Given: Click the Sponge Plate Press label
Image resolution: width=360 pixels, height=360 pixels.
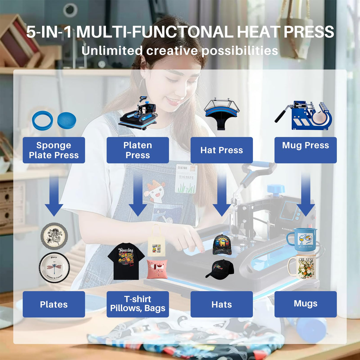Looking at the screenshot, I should click(54, 150).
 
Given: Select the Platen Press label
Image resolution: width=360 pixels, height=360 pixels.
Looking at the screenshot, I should click(138, 150).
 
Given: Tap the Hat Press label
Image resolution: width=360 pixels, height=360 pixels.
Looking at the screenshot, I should click(222, 150).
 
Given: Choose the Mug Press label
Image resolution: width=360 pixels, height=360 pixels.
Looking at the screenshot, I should click(305, 150).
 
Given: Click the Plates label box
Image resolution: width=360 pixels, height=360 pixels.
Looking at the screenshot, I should click(54, 304).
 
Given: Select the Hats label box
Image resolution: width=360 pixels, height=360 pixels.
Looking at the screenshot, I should click(222, 304).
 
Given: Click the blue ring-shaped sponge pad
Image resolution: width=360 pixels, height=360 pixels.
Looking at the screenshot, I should click(42, 121).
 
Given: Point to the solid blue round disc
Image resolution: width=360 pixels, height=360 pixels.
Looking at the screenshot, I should click(67, 120).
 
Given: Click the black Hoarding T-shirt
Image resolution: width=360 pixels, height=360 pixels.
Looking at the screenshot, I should click(126, 261).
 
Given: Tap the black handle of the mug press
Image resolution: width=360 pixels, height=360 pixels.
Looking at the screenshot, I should click(281, 115).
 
